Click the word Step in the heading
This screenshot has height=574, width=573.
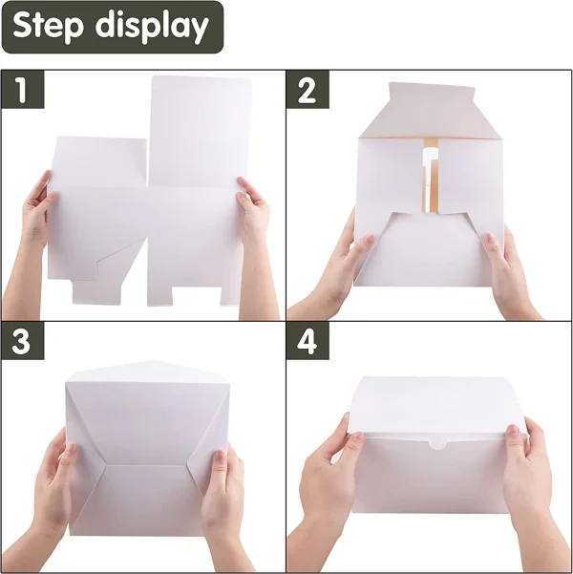tap(48, 26)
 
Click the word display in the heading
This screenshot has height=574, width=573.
tap(152, 27)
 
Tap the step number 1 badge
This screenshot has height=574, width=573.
tap(23, 90)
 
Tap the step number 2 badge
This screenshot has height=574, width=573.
tap(308, 90)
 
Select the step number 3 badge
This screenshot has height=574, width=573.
tap(23, 341)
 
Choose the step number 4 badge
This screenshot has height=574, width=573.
tap(308, 341)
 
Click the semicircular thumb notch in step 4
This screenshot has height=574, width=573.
tap(439, 444)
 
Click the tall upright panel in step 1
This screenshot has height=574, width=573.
tap(200, 132)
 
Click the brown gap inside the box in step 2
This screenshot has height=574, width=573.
tap(431, 176)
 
